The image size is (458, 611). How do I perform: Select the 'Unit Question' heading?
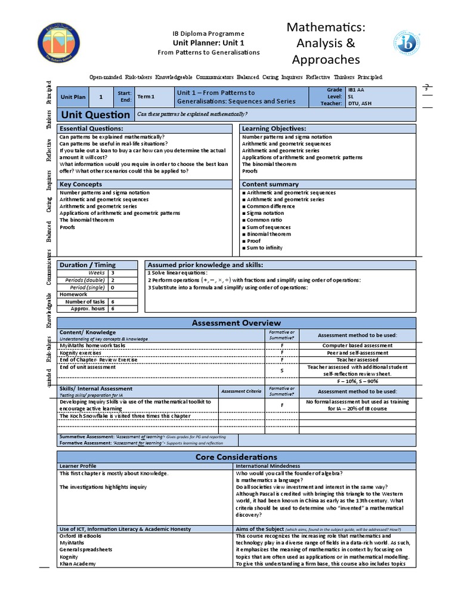pyautogui.click(x=94, y=115)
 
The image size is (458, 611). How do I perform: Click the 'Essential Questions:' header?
pyautogui.click(x=91, y=129)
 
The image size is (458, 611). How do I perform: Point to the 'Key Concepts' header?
pyautogui.click(x=81, y=184)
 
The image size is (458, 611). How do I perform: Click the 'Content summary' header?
pyautogui.click(x=270, y=184)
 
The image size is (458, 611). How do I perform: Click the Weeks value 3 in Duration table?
pyautogui.click(x=113, y=272)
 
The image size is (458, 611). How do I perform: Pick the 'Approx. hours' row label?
pyautogui.click(x=88, y=308)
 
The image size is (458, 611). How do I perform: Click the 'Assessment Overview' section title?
pyautogui.click(x=236, y=323)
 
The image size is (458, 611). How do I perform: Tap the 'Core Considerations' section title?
pyautogui.click(x=236, y=456)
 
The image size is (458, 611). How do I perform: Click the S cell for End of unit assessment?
pyautogui.click(x=282, y=371)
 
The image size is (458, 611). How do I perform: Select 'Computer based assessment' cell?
pyautogui.click(x=357, y=345)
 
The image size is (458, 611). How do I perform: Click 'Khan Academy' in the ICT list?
pyautogui.click(x=78, y=564)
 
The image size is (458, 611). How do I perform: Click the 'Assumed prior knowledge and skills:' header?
pyautogui.click(x=205, y=265)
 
